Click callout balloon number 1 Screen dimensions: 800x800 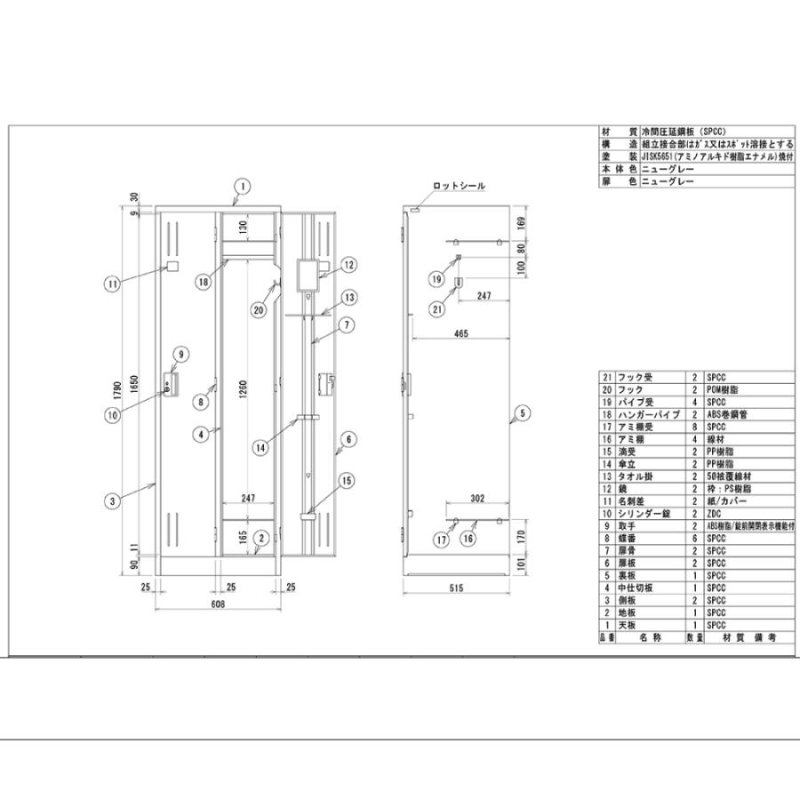pos(241,186)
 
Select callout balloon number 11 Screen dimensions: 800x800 pos(111,284)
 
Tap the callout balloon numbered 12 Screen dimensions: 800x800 pos(348,264)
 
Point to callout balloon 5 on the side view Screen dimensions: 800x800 pos(522,412)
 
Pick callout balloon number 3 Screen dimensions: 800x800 pos(111,501)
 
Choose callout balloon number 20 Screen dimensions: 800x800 pos(258,310)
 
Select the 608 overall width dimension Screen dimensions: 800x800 pos(218,604)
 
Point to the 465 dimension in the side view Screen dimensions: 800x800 pos(460,332)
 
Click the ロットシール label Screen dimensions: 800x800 pos(459,185)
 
